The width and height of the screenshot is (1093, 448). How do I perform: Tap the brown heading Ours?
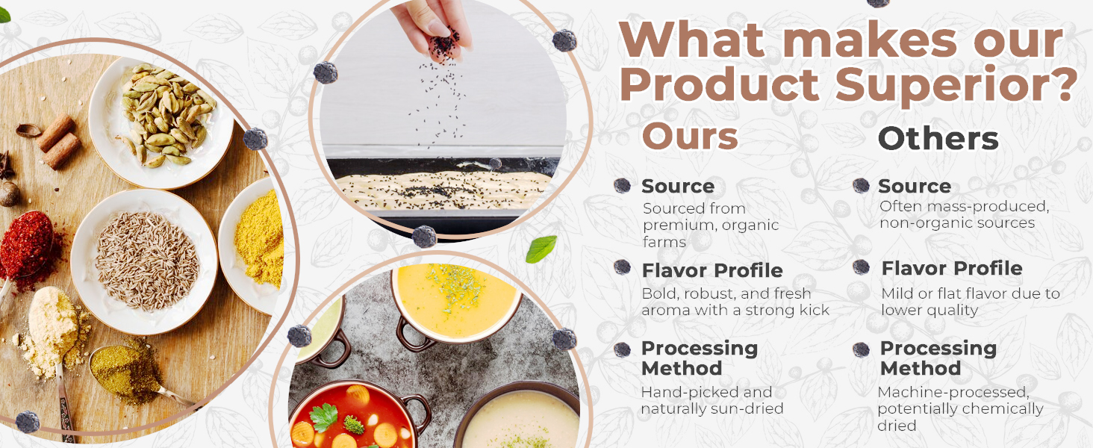[x=690, y=136]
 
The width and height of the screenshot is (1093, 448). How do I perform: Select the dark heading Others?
[x=938, y=139]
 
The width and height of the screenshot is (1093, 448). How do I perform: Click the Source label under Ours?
[x=678, y=186]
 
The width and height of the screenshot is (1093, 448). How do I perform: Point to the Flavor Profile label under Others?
[x=951, y=268]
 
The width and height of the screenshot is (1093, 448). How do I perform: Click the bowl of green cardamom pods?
[x=161, y=122]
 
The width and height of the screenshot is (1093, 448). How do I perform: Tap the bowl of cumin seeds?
[x=144, y=261]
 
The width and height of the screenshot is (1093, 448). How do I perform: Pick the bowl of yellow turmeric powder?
[x=253, y=246]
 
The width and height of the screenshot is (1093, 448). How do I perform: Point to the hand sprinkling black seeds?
[x=432, y=29]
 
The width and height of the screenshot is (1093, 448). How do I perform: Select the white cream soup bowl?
[x=520, y=417]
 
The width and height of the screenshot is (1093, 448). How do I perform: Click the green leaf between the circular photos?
[x=541, y=249]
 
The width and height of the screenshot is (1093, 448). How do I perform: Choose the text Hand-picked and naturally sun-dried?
[x=712, y=400]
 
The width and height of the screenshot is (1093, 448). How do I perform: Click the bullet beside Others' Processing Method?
[x=862, y=349]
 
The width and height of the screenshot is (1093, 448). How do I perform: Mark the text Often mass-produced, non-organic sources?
[x=964, y=215]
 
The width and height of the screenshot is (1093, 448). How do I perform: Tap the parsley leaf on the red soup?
[x=323, y=417]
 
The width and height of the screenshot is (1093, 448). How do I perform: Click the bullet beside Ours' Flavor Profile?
[x=622, y=267]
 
